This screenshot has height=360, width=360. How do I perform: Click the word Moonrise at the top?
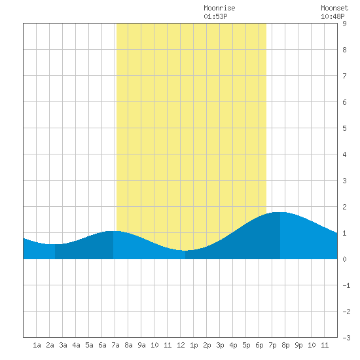(219, 8)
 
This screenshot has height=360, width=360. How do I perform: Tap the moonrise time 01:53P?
(215, 16)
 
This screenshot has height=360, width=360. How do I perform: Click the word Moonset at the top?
(334, 8)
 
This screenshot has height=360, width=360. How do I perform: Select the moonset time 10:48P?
(333, 16)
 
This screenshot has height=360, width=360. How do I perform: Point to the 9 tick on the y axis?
(344, 24)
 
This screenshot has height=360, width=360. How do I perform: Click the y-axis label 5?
(344, 128)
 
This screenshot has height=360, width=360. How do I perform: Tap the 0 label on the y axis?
(344, 259)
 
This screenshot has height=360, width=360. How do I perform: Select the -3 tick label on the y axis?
(346, 338)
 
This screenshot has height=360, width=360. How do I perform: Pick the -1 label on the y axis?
(346, 285)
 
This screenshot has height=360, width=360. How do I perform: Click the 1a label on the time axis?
(37, 345)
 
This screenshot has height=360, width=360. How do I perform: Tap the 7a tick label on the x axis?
(115, 345)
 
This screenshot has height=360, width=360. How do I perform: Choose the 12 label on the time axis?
(181, 345)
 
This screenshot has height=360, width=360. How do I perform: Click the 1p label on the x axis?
(194, 345)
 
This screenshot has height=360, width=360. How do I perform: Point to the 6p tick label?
(259, 345)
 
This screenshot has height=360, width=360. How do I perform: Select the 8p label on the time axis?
(285, 345)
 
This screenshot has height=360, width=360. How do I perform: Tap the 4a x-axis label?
(76, 345)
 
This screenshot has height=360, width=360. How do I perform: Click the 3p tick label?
(220, 345)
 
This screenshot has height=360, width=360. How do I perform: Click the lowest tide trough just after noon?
(185, 251)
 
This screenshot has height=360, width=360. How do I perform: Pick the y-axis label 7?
(344, 76)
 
